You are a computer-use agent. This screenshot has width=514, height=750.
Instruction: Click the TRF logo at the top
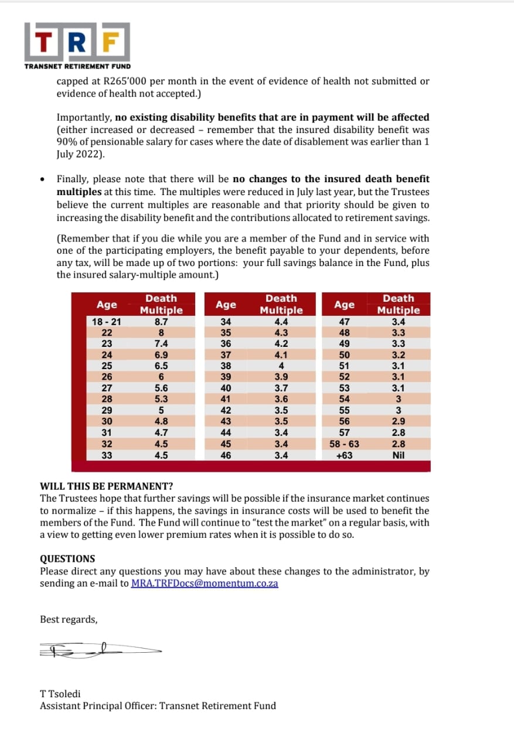[77, 42]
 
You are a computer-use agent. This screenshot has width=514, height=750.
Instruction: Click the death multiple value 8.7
[161, 322]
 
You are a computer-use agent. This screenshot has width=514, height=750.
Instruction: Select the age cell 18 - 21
[107, 322]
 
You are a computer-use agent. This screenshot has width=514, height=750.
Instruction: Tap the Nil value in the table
[399, 455]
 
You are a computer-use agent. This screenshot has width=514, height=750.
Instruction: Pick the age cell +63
[344, 455]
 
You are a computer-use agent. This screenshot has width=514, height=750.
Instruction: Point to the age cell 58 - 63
[344, 444]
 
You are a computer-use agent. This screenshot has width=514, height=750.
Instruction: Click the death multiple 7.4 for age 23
[161, 344]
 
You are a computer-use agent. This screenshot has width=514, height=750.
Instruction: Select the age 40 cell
[226, 388]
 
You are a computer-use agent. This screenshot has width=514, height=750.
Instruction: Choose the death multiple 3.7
[281, 388]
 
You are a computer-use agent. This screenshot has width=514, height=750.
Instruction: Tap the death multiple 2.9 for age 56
[399, 421]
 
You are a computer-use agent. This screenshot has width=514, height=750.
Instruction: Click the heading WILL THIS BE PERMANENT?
[106, 486]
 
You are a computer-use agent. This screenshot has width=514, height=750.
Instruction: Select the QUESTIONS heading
[67, 559]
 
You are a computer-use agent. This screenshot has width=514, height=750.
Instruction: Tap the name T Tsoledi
[60, 694]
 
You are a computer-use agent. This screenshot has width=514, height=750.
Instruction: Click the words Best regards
[69, 619]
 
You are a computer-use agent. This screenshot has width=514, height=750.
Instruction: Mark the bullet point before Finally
[42, 179]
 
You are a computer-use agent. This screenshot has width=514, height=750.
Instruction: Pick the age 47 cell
[344, 322]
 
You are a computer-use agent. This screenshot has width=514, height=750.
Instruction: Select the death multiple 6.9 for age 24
[161, 355]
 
